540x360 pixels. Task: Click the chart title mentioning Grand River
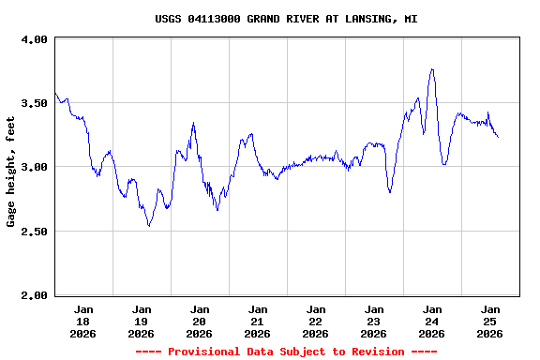coord(286,19)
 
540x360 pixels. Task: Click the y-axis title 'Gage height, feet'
coord(11,172)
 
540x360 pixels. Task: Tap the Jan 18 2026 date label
coord(83,321)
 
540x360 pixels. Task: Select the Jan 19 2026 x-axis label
coord(142,321)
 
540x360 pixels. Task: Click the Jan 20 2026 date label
coord(200,321)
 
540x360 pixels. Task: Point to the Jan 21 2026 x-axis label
coord(258,321)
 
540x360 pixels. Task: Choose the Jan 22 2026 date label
coord(316,321)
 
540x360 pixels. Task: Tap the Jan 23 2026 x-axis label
coord(374,321)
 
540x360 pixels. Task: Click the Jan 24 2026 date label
coord(432,321)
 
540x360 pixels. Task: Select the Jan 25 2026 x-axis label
coord(490,321)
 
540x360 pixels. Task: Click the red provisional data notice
coord(286,352)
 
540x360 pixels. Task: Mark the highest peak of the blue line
coord(432,68)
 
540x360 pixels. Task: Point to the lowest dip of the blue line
coord(149,226)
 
